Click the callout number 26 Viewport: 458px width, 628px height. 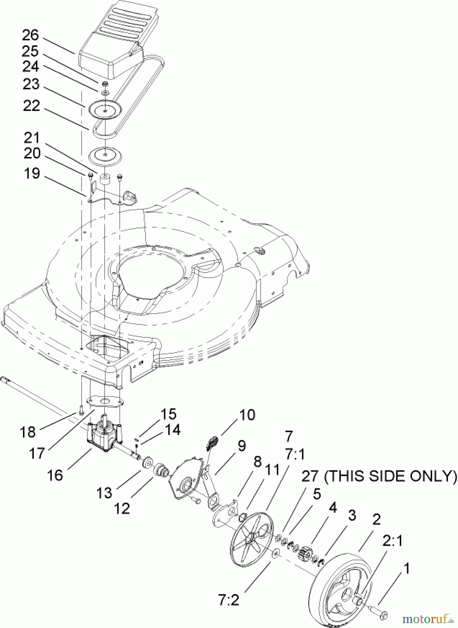pyautogui.click(x=31, y=36)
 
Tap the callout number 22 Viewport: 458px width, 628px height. pyautogui.click(x=31, y=106)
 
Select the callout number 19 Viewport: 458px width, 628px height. pyautogui.click(x=32, y=173)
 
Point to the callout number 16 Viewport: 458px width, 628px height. pyautogui.click(x=55, y=475)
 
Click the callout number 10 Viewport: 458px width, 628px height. pyautogui.click(x=247, y=415)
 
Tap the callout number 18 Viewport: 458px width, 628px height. pyautogui.click(x=28, y=432)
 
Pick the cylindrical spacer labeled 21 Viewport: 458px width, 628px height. pyautogui.click(x=105, y=180)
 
